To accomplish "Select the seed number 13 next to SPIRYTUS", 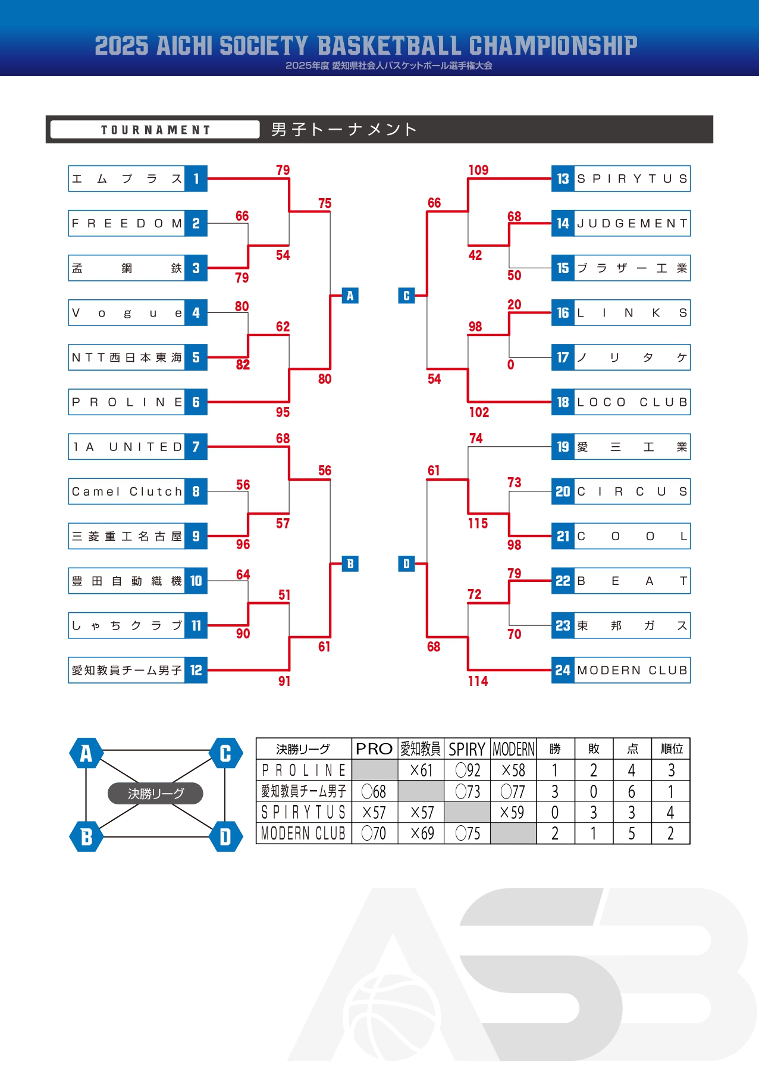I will pyautogui.click(x=563, y=178).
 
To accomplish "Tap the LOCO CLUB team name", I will pyautogui.click(x=632, y=402).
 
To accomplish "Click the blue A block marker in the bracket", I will pyautogui.click(x=350, y=296).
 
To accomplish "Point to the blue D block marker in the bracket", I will pyautogui.click(x=406, y=563).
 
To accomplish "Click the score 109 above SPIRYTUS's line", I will pyautogui.click(x=478, y=170).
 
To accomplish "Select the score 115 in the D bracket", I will pyautogui.click(x=478, y=524).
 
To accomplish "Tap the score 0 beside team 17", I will pyautogui.click(x=510, y=365).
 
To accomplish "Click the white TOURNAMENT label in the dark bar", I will pyautogui.click(x=155, y=130).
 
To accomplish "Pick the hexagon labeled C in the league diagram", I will pyautogui.click(x=225, y=753).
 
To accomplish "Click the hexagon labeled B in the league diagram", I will pyautogui.click(x=86, y=837).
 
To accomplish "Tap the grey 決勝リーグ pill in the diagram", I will pyautogui.click(x=155, y=793).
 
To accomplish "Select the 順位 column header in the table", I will pyautogui.click(x=672, y=748).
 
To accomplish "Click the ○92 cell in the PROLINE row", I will pyautogui.click(x=468, y=770).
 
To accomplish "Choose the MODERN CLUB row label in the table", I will pyautogui.click(x=303, y=834).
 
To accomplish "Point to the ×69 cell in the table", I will pyautogui.click(x=422, y=834).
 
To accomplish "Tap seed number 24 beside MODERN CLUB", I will pyautogui.click(x=563, y=671).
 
